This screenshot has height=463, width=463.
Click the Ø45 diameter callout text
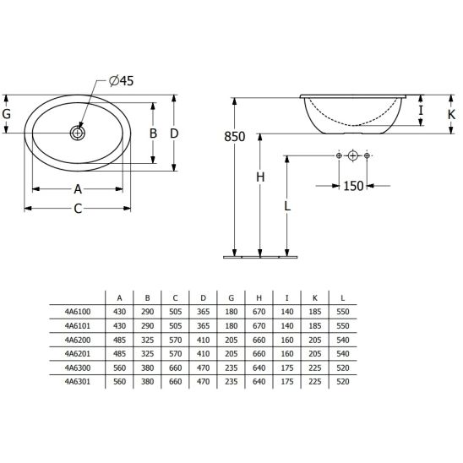point(121,80)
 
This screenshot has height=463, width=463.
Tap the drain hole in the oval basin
point(78,133)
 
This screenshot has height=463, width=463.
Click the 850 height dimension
point(234,137)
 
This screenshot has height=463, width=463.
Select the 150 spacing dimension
point(353,186)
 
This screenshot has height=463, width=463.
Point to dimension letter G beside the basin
point(7,114)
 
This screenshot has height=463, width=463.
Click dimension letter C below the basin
point(78,209)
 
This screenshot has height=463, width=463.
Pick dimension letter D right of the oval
point(174,133)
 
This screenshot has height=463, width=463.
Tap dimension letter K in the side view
point(451,115)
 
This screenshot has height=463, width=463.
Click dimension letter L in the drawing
point(287,206)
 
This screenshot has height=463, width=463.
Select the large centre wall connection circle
point(353,155)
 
